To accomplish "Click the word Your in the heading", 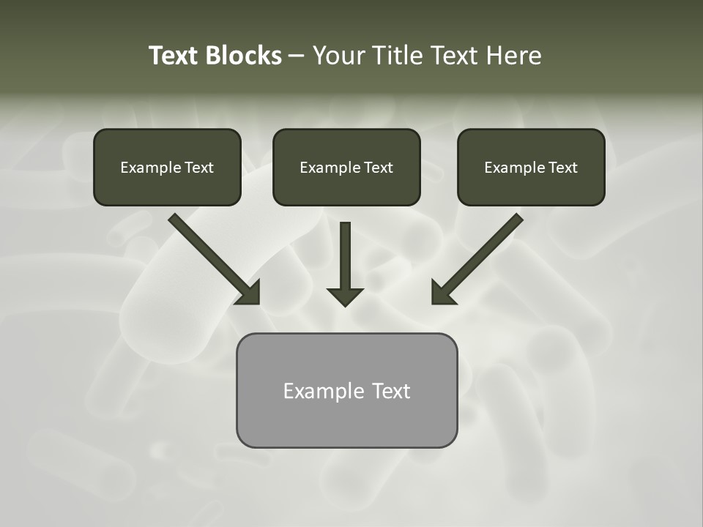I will (x=338, y=56).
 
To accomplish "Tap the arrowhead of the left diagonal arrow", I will (x=249, y=292).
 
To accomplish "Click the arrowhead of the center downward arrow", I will (x=345, y=296).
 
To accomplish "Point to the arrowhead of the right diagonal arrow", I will (x=442, y=292).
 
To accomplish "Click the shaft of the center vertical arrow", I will (x=345, y=253).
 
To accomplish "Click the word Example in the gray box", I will (x=323, y=391).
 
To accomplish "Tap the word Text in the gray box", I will (x=391, y=391).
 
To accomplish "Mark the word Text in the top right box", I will (x=563, y=168).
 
